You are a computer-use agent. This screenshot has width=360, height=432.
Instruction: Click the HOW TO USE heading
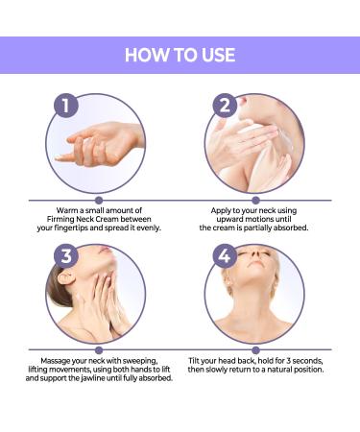pyautogui.click(x=180, y=55)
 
